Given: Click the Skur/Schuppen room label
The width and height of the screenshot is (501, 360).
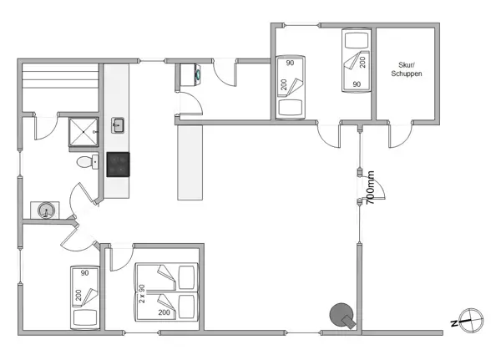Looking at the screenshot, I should (x=407, y=69).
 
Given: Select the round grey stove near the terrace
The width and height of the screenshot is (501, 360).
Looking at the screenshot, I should (x=342, y=315).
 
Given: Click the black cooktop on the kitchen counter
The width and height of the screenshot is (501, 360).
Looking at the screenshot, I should (x=118, y=164).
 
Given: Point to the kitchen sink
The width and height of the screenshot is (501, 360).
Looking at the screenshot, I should (x=118, y=126).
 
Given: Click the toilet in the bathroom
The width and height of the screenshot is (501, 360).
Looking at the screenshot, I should (x=84, y=162).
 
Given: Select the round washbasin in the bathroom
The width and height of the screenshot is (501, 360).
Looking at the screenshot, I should (x=44, y=210).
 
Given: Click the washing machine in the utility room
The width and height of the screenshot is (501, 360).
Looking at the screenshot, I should (x=190, y=75).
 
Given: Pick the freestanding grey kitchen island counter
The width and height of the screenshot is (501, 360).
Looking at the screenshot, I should (x=190, y=161).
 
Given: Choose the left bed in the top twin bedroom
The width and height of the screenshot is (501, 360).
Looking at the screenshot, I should (x=291, y=88).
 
